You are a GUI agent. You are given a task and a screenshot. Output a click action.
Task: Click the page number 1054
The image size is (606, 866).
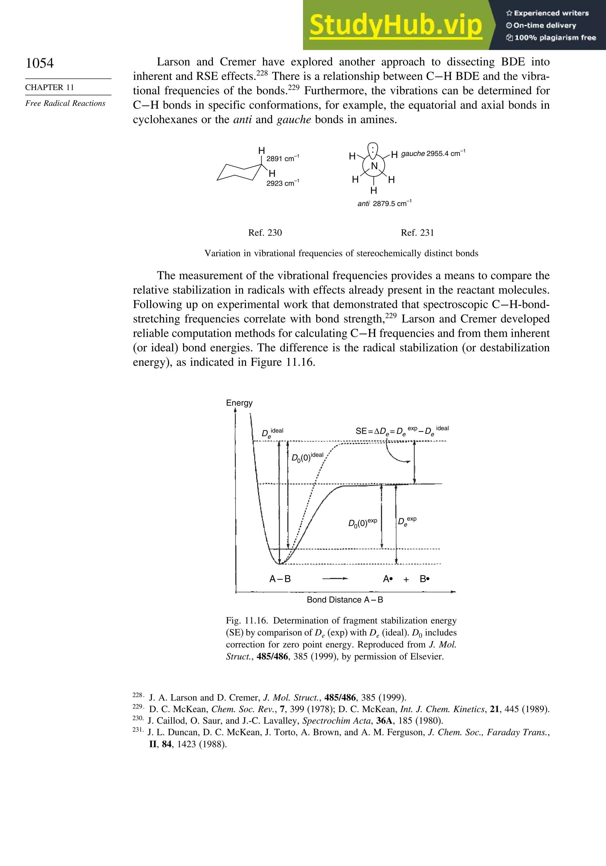[x=40, y=63]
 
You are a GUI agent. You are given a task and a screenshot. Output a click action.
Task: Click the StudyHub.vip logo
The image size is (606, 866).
[x=395, y=25]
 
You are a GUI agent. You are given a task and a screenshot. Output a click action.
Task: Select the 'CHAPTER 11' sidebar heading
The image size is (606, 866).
[x=49, y=88]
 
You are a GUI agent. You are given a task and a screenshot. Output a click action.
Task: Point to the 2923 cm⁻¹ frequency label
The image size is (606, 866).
[x=283, y=183]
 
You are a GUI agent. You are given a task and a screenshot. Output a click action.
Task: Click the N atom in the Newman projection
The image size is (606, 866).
[x=374, y=166]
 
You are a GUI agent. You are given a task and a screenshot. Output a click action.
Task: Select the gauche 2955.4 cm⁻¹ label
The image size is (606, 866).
[x=433, y=154]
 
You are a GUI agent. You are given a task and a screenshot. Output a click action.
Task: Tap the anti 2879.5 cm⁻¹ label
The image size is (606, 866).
[x=384, y=204]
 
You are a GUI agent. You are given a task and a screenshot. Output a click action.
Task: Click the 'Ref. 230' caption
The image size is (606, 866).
[x=265, y=233]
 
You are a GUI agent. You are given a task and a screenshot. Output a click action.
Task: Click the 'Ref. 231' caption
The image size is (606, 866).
[x=417, y=233]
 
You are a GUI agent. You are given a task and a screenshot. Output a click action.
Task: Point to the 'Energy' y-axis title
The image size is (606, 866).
[x=239, y=403]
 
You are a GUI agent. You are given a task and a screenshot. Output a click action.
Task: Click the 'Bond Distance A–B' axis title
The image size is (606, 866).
[x=345, y=600]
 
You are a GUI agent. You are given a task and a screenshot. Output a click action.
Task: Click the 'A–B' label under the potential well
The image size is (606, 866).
[x=280, y=579]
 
